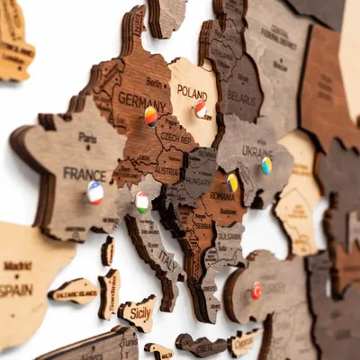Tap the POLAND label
point(192,92)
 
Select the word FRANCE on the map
point(85,174)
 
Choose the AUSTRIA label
point(167,167)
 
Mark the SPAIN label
point(16,290)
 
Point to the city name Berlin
point(157,81)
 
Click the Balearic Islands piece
point(75,292)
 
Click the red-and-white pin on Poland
point(201,109)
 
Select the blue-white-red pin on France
point(95,193)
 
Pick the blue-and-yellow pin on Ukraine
point(266,166)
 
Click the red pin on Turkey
point(256,290)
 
